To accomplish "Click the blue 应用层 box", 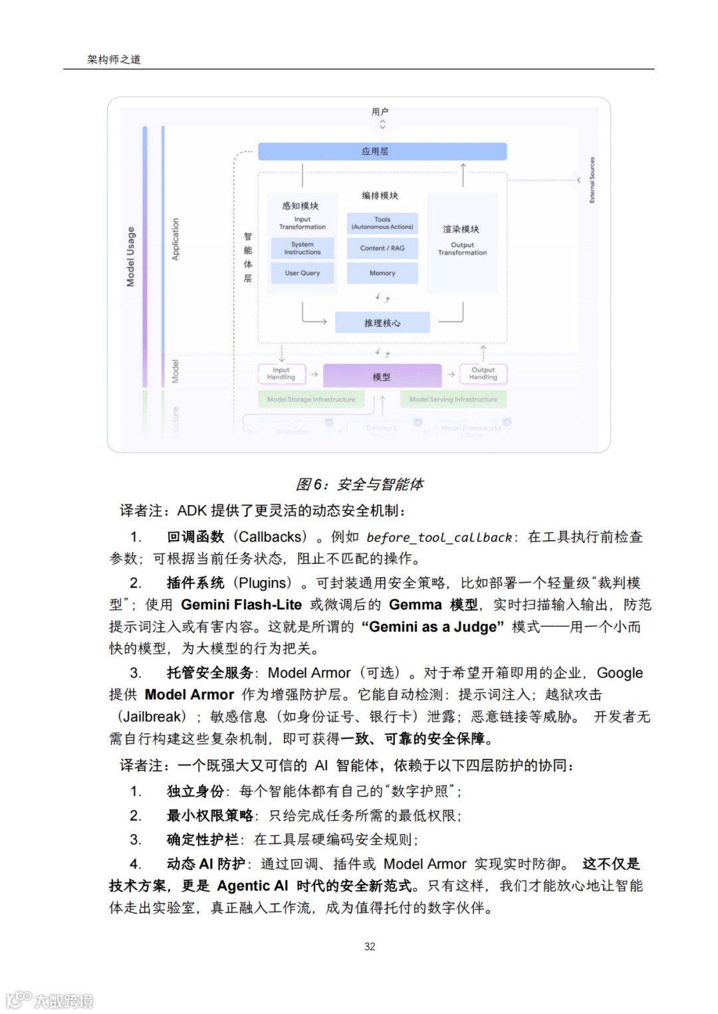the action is click(382, 152).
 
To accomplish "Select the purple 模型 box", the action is click(382, 376).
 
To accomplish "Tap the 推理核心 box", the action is click(382, 323).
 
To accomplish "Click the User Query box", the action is click(302, 273).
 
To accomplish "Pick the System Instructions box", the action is click(302, 249).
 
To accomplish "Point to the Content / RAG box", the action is click(382, 249).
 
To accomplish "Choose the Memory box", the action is click(382, 273).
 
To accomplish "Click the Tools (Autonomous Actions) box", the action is click(382, 223).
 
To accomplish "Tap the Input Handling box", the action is click(281, 374).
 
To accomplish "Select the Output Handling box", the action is click(483, 374).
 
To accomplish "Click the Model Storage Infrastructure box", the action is click(311, 399).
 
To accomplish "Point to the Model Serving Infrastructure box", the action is click(453, 399).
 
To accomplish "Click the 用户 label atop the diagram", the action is click(380, 112).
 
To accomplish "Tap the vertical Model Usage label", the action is click(131, 256).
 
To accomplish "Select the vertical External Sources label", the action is click(592, 180).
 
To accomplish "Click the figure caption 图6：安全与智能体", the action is click(360, 484).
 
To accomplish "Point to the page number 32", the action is click(370, 946).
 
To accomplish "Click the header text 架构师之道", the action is click(114, 60).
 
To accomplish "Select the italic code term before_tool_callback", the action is click(439, 538).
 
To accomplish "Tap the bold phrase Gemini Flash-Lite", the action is click(241, 605).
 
